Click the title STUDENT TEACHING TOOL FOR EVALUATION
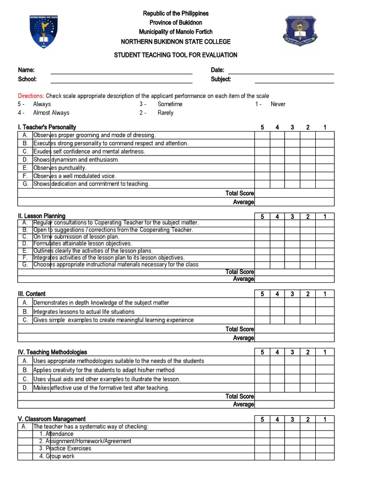pos(175,55)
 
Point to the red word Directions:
pos(31,96)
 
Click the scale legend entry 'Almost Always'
pos(51,113)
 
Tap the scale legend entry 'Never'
pos(278,104)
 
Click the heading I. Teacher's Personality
pos(47,127)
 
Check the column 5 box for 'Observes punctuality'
pos(262,168)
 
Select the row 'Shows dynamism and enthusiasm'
pos(77,160)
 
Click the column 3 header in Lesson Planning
pos(292,217)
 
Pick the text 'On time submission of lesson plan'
pos(76,237)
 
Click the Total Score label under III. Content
pos(240,329)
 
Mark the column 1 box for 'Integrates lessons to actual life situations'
pos(324,312)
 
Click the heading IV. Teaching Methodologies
pos(53,352)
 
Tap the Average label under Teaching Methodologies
pos(243,404)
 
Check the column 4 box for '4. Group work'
pos(277,457)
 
